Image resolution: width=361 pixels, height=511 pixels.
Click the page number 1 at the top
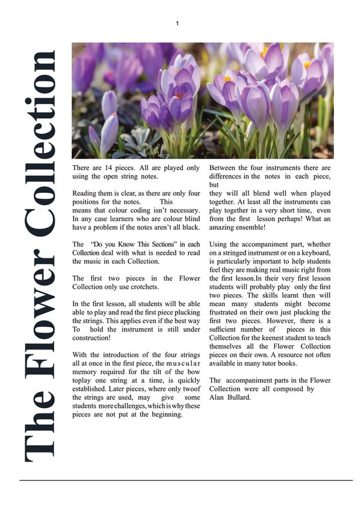177,24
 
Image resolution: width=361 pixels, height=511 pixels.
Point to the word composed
286,389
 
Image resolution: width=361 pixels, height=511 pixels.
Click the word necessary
178,210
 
